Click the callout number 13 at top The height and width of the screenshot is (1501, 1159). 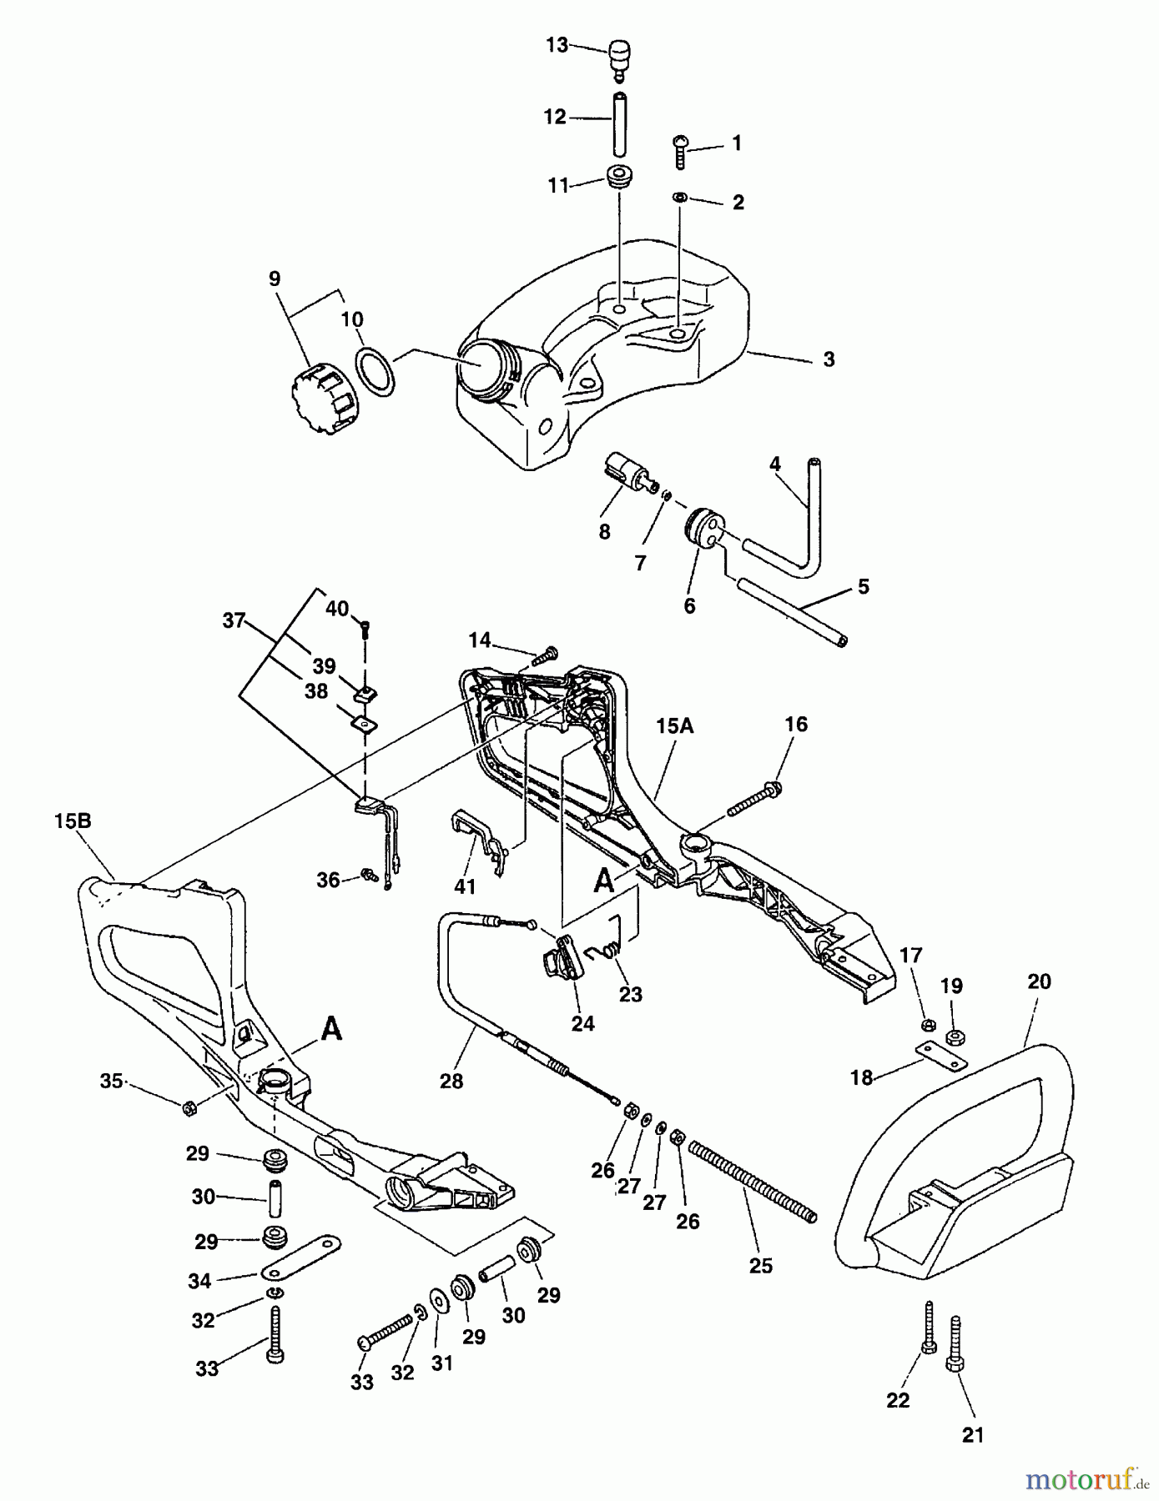coord(557,45)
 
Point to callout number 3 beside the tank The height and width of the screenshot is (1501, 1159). coord(828,359)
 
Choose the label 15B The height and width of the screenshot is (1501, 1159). coord(73,821)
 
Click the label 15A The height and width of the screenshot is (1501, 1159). coord(674,726)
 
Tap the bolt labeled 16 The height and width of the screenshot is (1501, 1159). coord(754,798)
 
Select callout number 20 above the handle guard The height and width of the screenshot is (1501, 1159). coord(1039,982)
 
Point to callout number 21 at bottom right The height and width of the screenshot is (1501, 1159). coord(973,1435)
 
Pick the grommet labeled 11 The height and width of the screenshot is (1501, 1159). coord(617,178)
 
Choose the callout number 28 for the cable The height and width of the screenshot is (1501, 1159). coord(452,1081)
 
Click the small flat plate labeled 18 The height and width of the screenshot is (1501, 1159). coord(941,1057)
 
